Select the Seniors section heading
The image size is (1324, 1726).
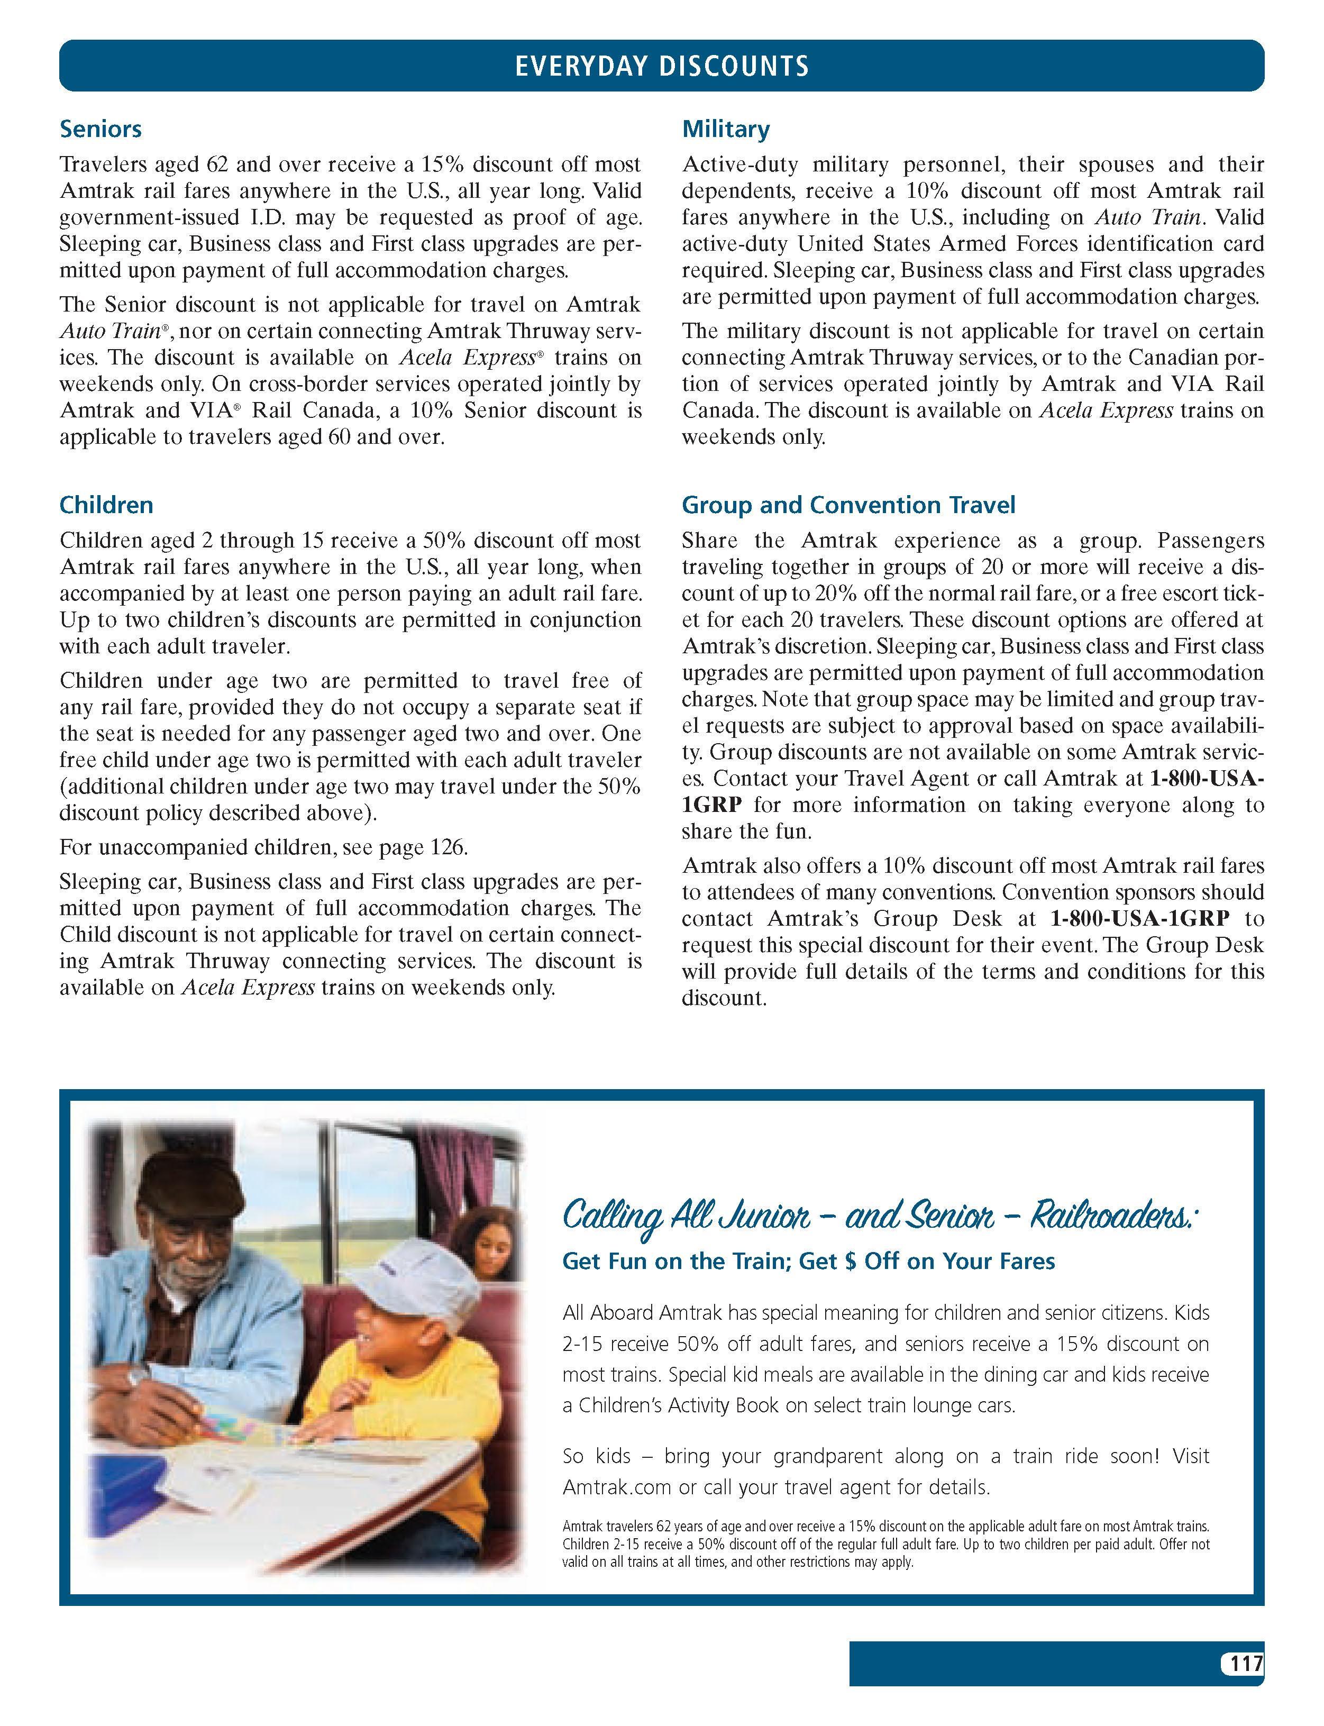(101, 129)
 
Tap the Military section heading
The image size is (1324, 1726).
(725, 129)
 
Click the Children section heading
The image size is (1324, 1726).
(106, 505)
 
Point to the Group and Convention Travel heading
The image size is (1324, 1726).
(848, 505)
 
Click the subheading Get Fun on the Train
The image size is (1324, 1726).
(808, 1262)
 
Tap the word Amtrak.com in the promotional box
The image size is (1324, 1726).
(616, 1488)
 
